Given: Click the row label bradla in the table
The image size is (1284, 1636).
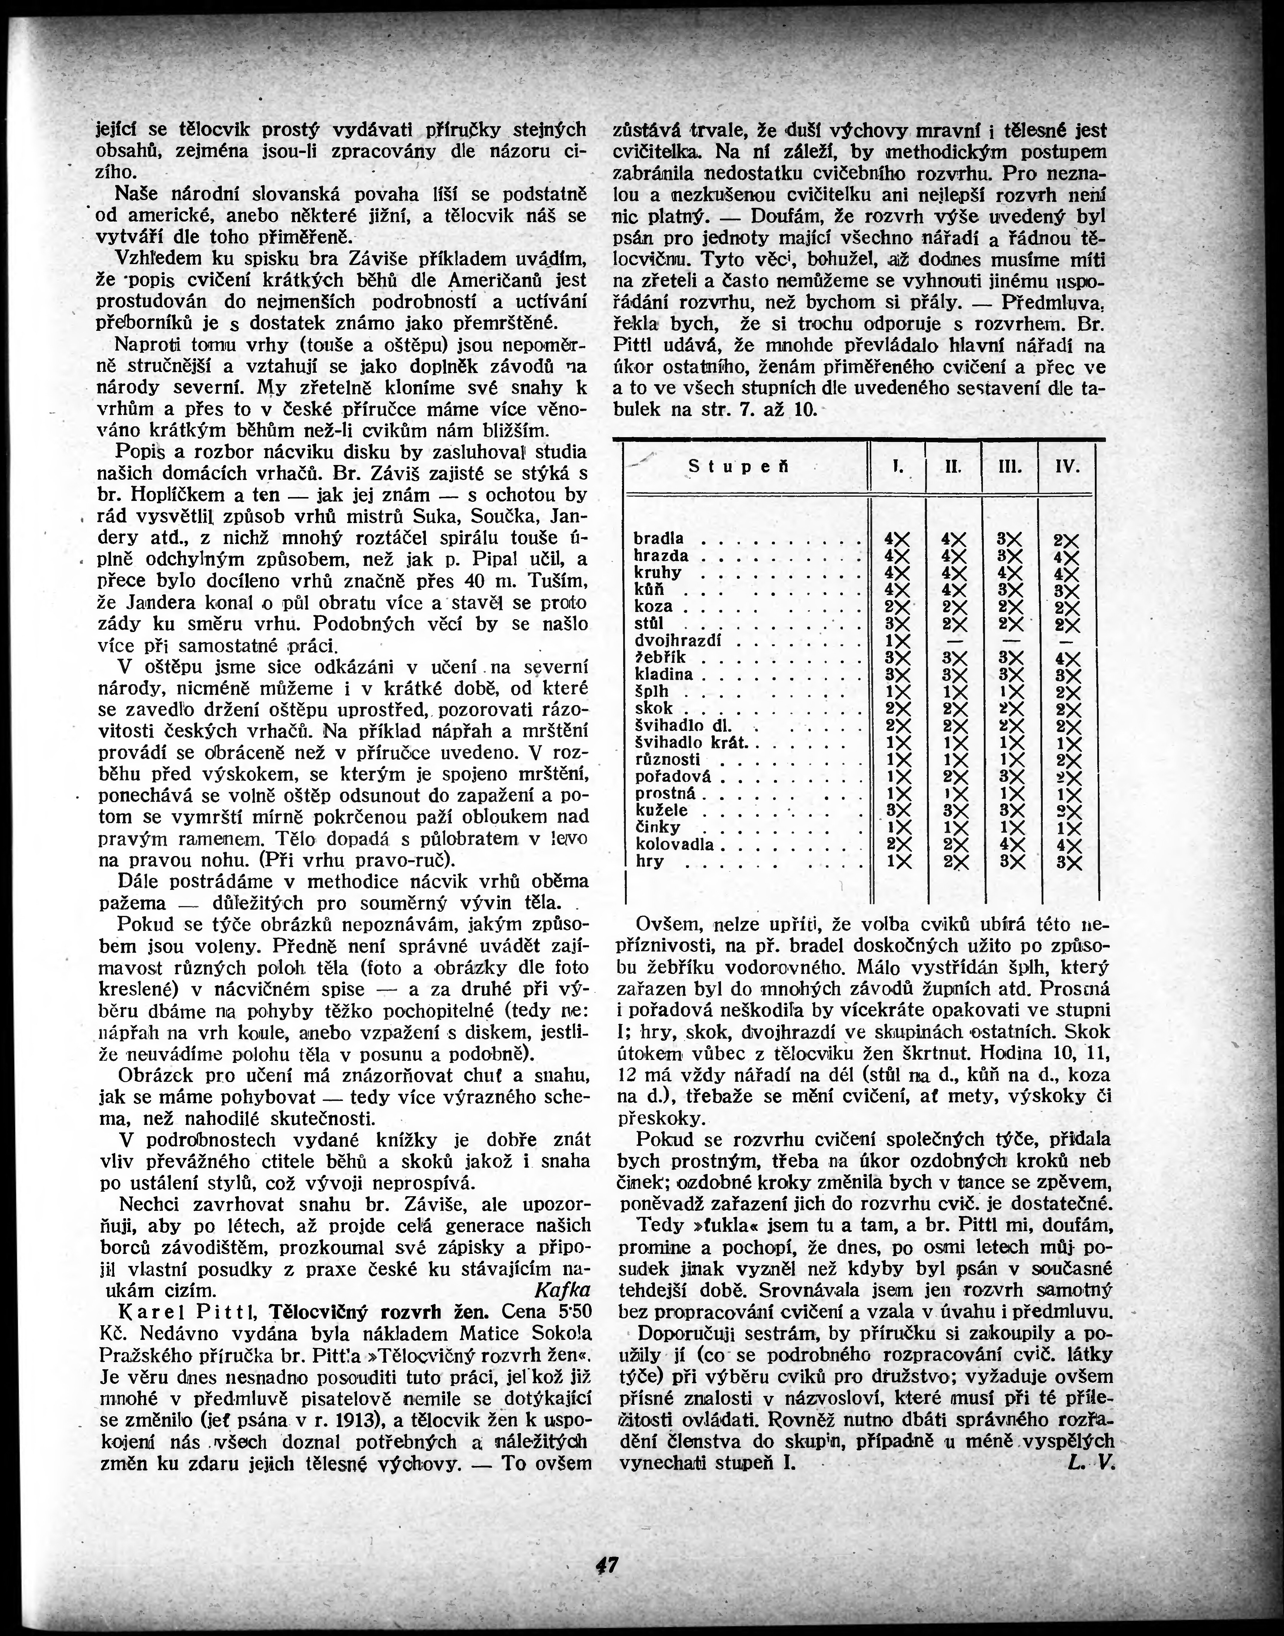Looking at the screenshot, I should coord(659,538).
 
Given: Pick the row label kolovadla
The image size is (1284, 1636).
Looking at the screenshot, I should coord(673,844).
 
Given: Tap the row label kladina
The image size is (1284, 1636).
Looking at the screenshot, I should coord(664,674).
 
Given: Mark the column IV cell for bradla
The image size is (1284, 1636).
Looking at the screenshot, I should coord(1066,540).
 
